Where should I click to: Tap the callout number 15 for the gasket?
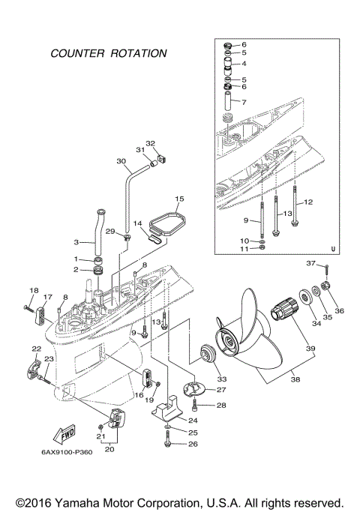pos(179,199)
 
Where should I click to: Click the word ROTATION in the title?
pos(136,54)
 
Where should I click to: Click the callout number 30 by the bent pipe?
pos(121,160)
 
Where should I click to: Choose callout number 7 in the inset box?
pos(244,100)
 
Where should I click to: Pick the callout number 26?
pos(193,444)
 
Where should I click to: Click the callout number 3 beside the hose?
pos(76,241)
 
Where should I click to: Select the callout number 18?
pos(33,290)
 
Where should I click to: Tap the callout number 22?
pos(35,349)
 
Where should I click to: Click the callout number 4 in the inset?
pos(244,64)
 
